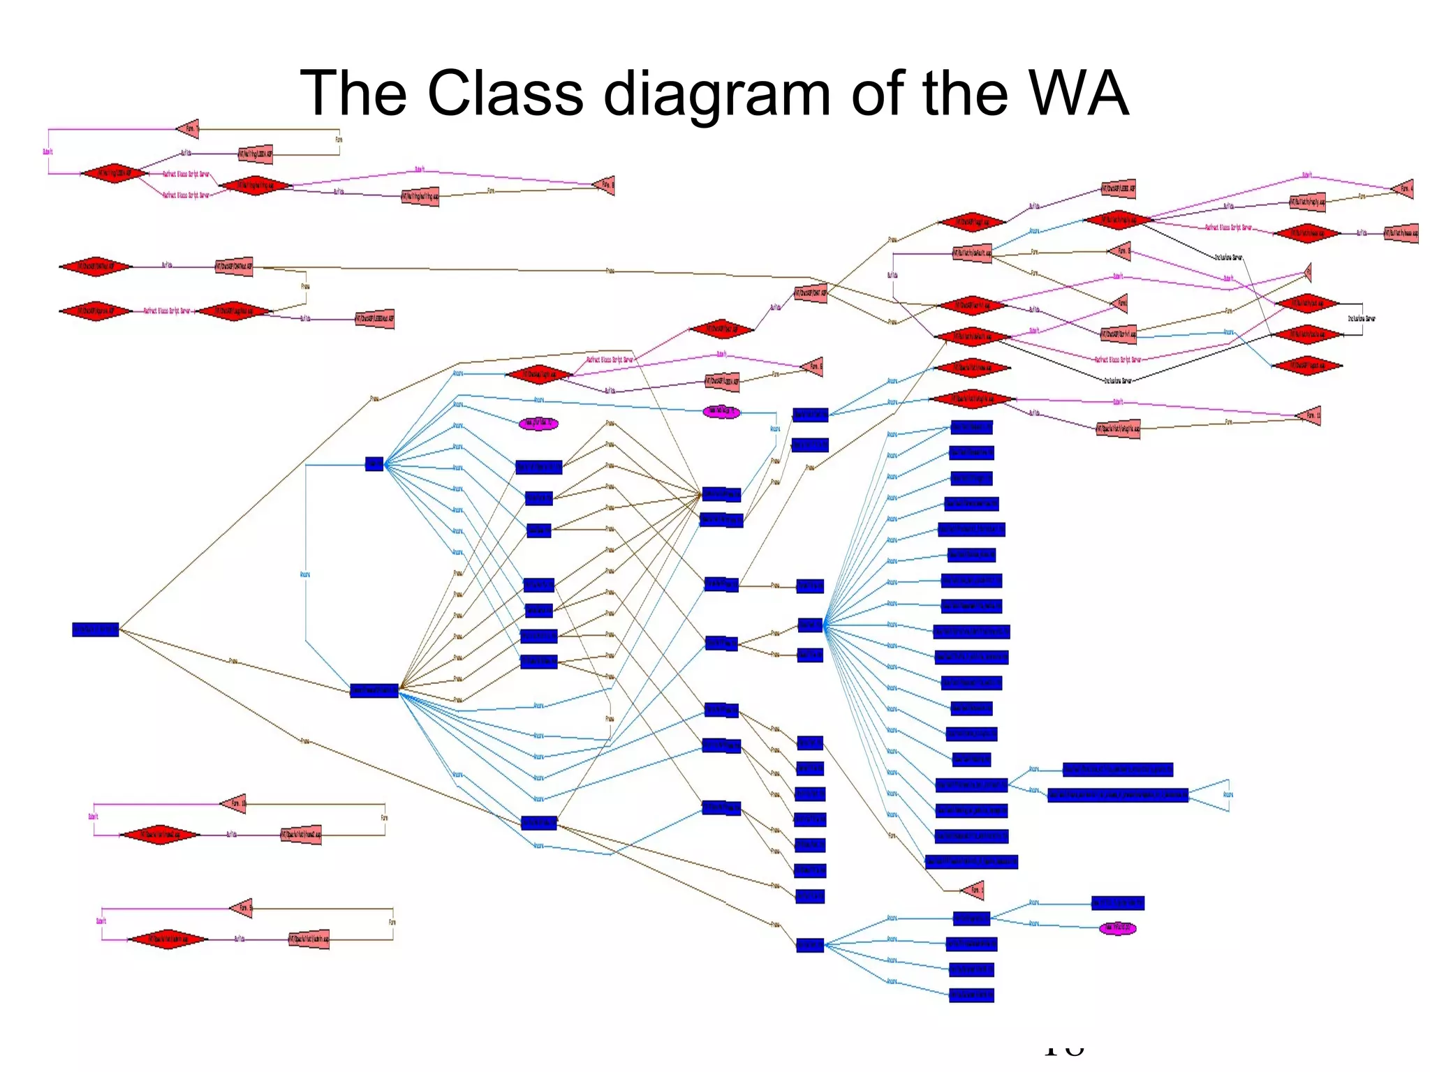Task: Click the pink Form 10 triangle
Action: pyautogui.click(x=235, y=803)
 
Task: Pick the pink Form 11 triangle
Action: pyautogui.click(x=1309, y=415)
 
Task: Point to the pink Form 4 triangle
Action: pyautogui.click(x=1404, y=188)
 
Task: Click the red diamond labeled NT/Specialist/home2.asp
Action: pyautogui.click(x=160, y=835)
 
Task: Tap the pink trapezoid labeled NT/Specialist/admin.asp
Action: pyautogui.click(x=309, y=939)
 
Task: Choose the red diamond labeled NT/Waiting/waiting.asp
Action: pyautogui.click(x=255, y=186)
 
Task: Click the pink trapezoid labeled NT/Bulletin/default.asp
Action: pyautogui.click(x=973, y=253)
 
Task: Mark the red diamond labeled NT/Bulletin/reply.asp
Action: pyautogui.click(x=1118, y=220)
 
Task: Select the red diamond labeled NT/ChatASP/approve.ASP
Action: pyautogui.click(x=95, y=311)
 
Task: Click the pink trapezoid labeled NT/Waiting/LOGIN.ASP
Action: pyautogui.click(x=256, y=154)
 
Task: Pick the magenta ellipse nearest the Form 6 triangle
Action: pyautogui.click(x=721, y=412)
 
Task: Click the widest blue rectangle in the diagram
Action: pyautogui.click(x=1117, y=795)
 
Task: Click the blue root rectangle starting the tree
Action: pyautogui.click(x=96, y=630)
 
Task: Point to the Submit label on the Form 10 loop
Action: pyautogui.click(x=93, y=816)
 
